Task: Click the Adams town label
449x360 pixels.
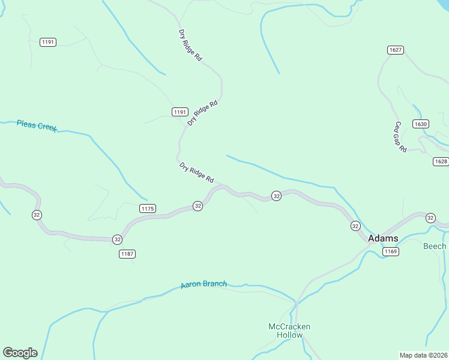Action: click(x=382, y=238)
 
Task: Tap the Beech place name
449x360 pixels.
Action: click(x=435, y=247)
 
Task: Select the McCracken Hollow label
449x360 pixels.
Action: click(x=289, y=331)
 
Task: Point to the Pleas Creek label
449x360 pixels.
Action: click(x=37, y=125)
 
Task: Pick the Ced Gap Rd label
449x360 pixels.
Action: click(x=400, y=137)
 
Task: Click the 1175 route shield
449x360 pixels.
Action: click(x=148, y=208)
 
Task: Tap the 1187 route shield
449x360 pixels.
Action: click(x=127, y=254)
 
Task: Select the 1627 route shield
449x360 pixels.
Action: click(x=395, y=50)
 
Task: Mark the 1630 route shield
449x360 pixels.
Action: click(x=421, y=124)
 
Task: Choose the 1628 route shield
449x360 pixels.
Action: click(x=441, y=161)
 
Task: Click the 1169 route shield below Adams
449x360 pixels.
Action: click(x=391, y=251)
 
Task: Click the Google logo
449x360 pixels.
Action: click(x=20, y=353)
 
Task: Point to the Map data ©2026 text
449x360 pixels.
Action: click(x=423, y=355)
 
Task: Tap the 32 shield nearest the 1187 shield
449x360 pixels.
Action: click(x=117, y=239)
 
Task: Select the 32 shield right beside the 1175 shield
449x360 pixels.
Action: click(x=197, y=206)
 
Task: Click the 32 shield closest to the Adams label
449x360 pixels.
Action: click(x=355, y=226)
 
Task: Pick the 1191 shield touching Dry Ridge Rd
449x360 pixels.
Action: click(x=179, y=112)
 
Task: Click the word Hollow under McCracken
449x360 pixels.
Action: click(x=289, y=335)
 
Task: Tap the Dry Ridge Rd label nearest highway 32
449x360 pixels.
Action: click(x=197, y=172)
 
